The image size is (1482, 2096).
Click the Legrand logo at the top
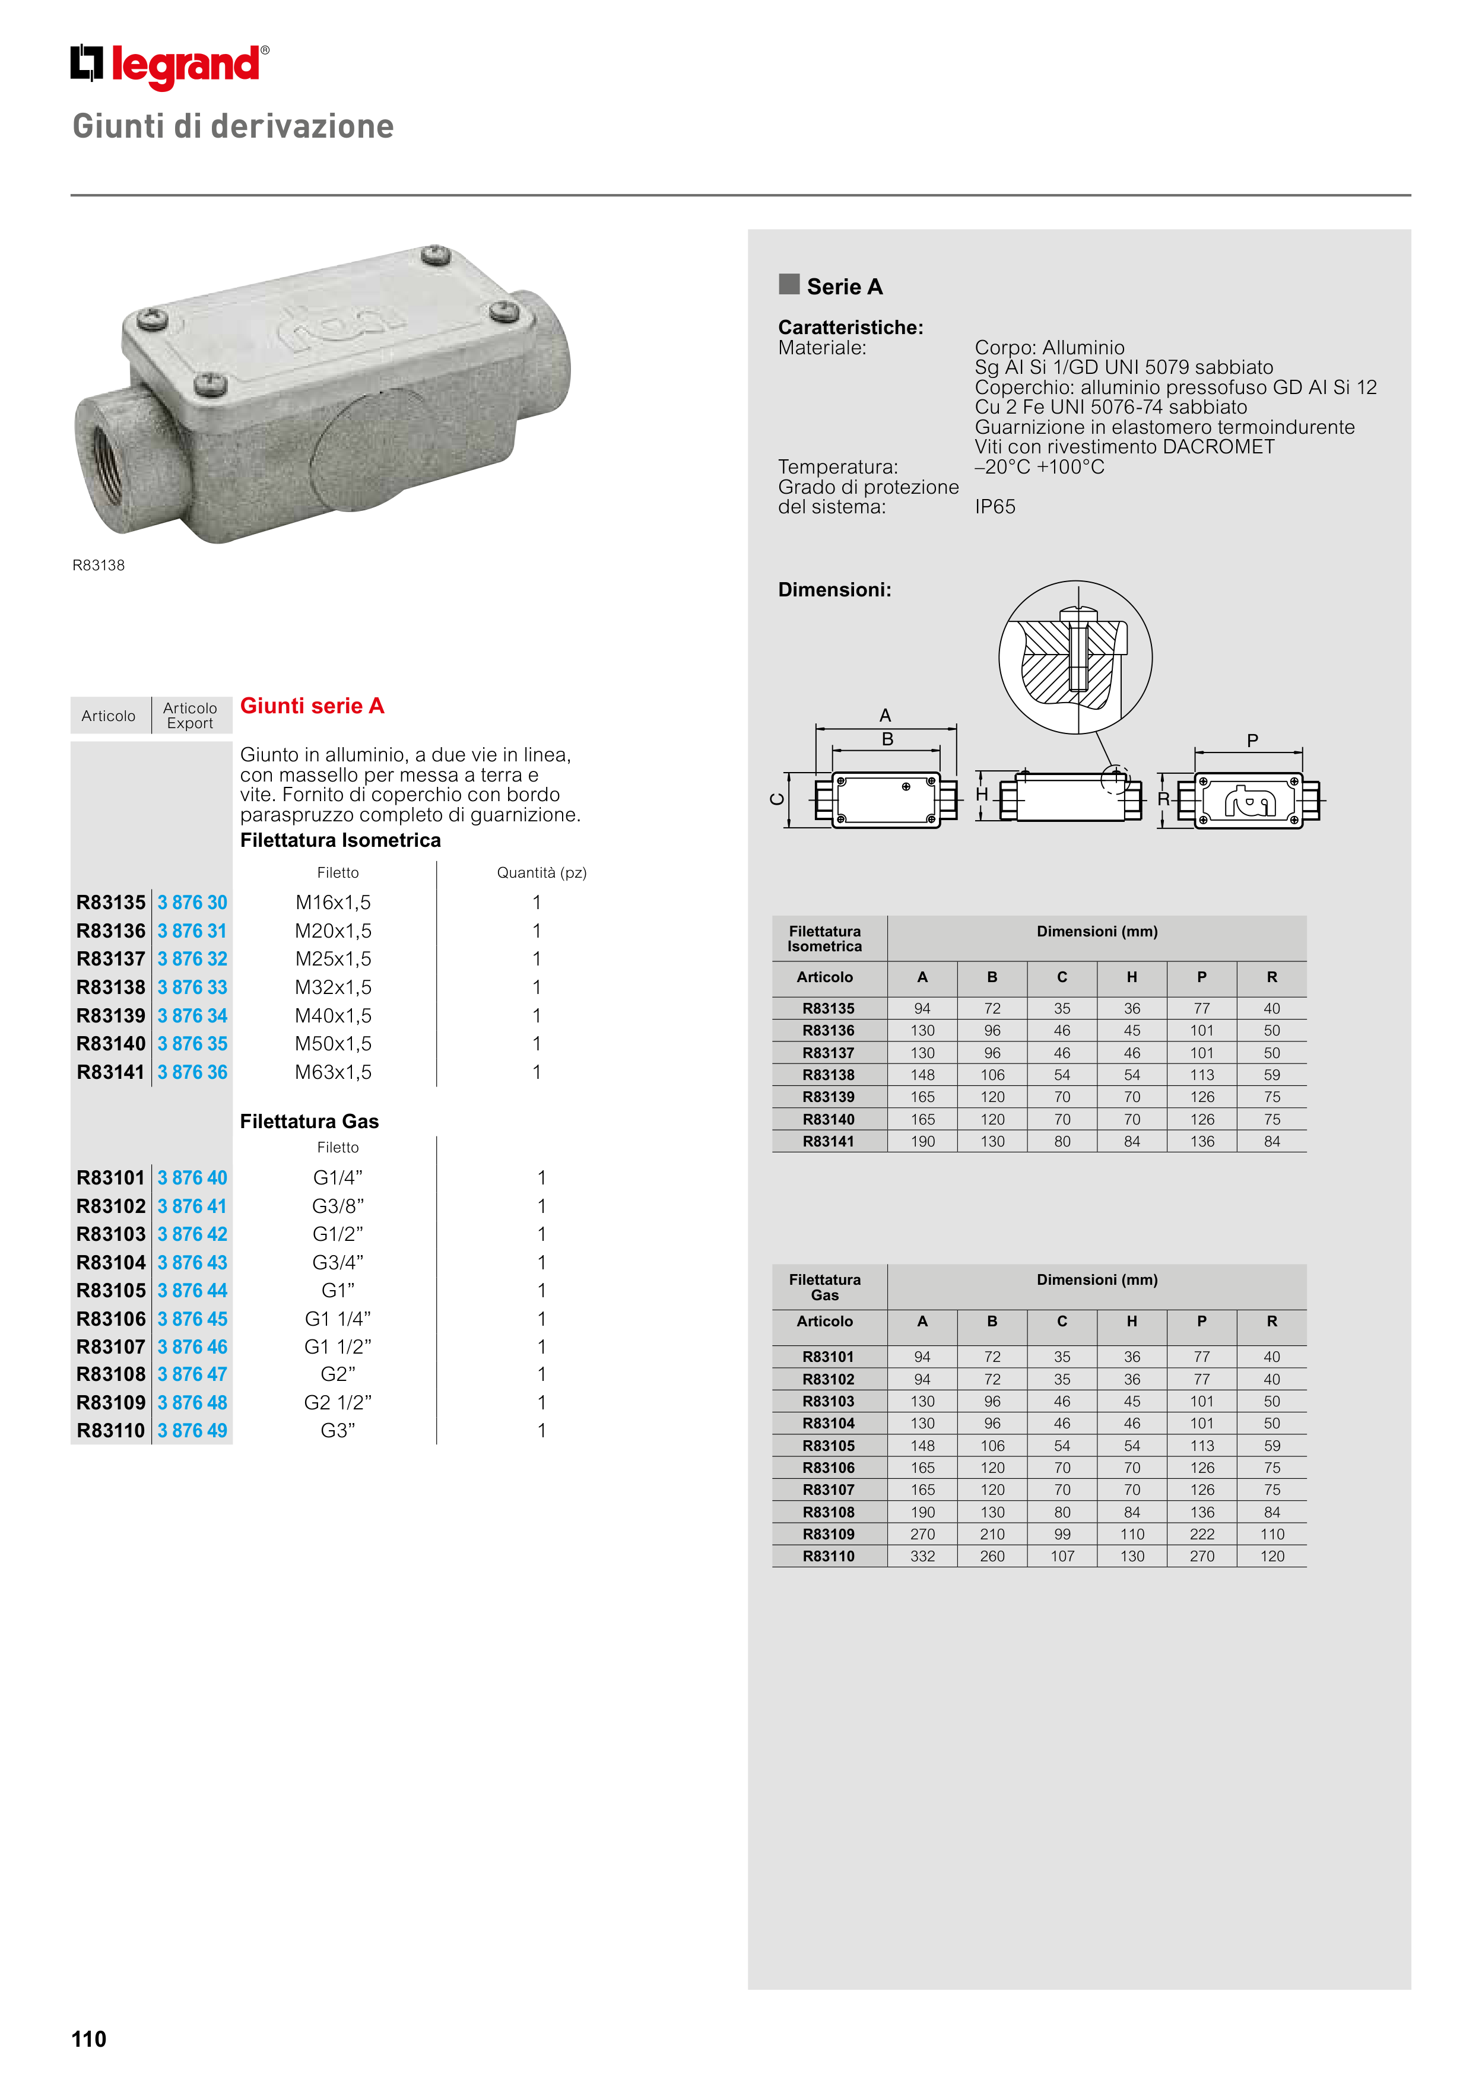point(170,66)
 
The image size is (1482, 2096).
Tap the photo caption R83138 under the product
point(99,565)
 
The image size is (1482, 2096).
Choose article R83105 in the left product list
point(110,1290)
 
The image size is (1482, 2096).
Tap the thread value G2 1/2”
point(338,1402)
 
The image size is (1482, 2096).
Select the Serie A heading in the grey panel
point(844,287)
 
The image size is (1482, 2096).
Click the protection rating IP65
point(994,507)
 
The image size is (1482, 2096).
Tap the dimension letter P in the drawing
point(1252,741)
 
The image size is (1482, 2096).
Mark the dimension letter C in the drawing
point(777,800)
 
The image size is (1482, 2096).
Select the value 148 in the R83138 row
point(922,1075)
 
